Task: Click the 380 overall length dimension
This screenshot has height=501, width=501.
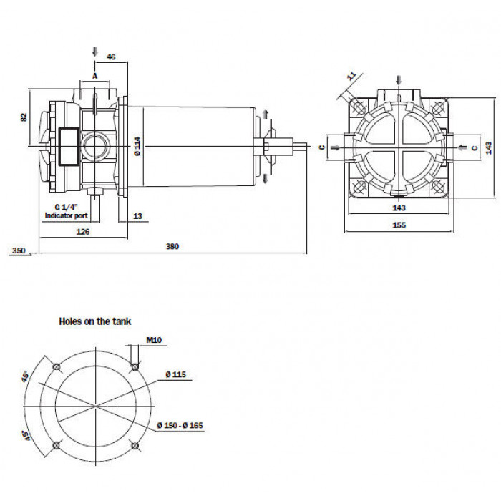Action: [172, 246]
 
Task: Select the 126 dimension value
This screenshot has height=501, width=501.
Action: [83, 232]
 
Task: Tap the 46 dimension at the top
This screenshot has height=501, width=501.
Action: [111, 57]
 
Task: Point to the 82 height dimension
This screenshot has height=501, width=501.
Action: [24, 117]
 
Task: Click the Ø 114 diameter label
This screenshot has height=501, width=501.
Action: [137, 146]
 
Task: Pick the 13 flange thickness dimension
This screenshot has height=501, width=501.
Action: [137, 216]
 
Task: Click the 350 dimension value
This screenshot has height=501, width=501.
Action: [19, 250]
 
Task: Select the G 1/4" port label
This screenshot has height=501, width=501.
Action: [66, 207]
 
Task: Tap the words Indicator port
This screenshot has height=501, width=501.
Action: [66, 215]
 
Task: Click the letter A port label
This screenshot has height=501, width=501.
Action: [95, 76]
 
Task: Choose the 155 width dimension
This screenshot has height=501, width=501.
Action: [399, 225]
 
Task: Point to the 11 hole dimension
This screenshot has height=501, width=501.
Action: [351, 76]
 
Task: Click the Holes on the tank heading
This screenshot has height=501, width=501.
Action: [95, 321]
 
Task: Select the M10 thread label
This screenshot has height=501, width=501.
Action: [154, 340]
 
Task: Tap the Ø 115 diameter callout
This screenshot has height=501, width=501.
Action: [176, 374]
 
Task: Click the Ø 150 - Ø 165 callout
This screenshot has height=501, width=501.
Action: [180, 425]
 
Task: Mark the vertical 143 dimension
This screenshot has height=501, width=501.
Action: [489, 147]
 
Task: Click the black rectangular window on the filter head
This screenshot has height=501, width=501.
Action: [69, 147]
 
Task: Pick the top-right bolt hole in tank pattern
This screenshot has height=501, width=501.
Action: [135, 366]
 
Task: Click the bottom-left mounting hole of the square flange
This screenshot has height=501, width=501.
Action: [359, 186]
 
